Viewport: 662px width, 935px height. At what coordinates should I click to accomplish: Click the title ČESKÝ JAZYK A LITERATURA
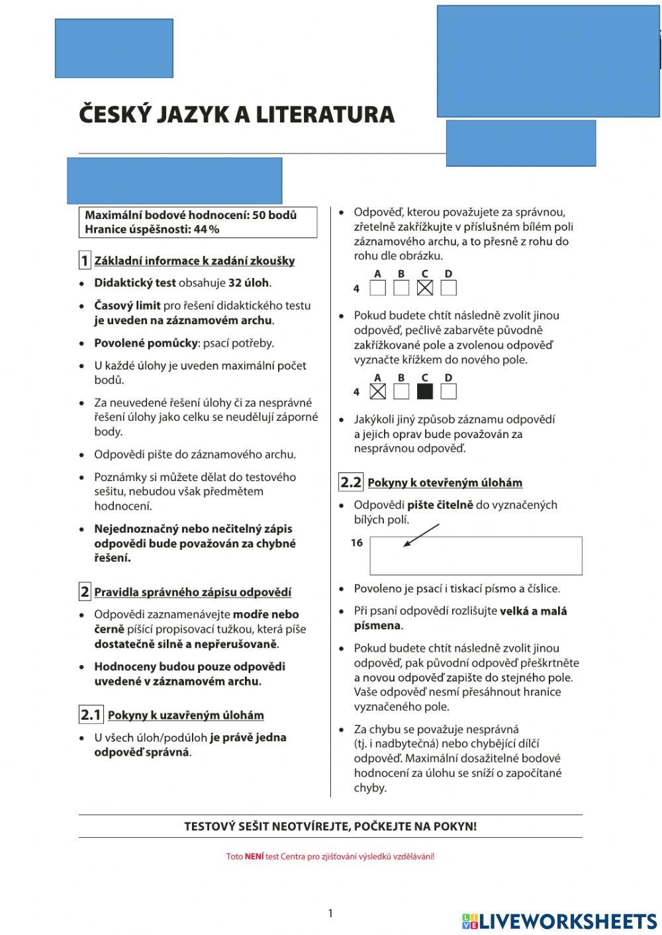click(x=236, y=114)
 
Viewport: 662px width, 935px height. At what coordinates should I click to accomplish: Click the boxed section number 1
click(x=85, y=261)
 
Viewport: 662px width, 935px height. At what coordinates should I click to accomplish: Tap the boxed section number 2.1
click(x=91, y=715)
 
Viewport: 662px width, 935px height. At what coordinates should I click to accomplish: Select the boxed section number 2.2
click(x=351, y=482)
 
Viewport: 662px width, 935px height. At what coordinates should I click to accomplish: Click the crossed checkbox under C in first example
click(x=424, y=289)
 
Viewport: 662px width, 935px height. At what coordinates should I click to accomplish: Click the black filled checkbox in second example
click(x=424, y=392)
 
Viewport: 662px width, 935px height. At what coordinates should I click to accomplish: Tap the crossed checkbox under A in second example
click(x=377, y=392)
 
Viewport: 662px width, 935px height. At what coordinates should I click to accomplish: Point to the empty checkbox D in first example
click(x=448, y=289)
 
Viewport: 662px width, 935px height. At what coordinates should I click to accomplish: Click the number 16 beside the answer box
click(x=357, y=543)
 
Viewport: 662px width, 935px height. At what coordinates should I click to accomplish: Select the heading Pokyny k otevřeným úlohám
click(x=445, y=483)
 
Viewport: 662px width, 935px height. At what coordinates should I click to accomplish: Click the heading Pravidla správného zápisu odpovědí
click(x=193, y=592)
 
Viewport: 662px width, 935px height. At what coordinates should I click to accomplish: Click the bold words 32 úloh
click(x=248, y=283)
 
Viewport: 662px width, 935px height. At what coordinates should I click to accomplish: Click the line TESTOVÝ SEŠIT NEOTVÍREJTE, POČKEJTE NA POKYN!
click(x=330, y=826)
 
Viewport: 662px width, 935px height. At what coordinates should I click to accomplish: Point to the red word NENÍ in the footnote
click(x=254, y=856)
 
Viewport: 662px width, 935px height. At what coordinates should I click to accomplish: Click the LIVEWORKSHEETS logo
click(x=559, y=921)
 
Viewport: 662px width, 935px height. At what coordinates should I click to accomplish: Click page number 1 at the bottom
click(x=330, y=914)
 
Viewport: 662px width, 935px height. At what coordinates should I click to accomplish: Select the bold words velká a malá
click(x=533, y=611)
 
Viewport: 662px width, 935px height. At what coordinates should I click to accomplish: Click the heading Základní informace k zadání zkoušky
click(x=195, y=261)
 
